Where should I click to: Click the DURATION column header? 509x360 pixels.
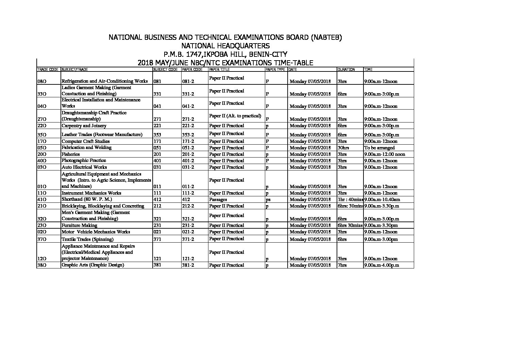[346, 69]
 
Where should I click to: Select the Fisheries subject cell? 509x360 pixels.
[71, 154]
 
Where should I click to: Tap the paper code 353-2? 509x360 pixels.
[188, 135]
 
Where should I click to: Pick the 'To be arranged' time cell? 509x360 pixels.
[379, 148]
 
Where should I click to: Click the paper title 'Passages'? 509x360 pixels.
[218, 199]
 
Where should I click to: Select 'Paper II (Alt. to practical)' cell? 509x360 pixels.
[235, 116]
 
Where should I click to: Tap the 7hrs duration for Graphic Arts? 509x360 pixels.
[342, 265]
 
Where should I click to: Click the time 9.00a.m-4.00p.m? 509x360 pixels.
[381, 265]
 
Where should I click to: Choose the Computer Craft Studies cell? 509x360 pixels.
[86, 141]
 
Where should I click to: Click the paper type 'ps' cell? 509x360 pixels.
[268, 200]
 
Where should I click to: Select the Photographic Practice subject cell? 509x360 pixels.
[84, 161]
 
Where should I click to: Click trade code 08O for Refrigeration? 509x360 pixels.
[41, 82]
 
